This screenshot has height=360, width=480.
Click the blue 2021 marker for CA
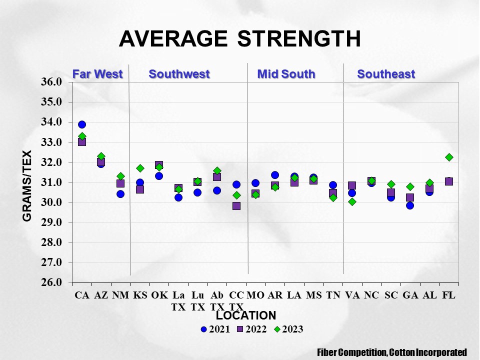coord(82,124)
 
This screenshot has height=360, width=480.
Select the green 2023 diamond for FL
coord(449,157)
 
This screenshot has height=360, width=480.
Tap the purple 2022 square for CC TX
coord(236,205)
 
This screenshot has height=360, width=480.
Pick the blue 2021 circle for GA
coord(410,205)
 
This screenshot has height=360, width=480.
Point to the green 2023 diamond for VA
coord(352,201)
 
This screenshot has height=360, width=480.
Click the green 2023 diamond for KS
coord(140,168)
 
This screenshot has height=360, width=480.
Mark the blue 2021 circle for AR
coord(275,175)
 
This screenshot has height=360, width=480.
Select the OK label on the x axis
coord(159,295)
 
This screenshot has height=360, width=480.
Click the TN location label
coord(333,295)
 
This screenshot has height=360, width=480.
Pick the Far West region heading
coord(97,74)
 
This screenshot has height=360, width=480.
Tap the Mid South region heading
coord(286,74)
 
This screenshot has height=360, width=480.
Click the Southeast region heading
coord(386,74)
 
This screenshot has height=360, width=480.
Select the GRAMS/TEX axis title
coord(26,185)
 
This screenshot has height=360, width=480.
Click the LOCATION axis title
coord(246,315)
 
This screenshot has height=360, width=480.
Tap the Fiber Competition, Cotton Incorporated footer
coord(392,352)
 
